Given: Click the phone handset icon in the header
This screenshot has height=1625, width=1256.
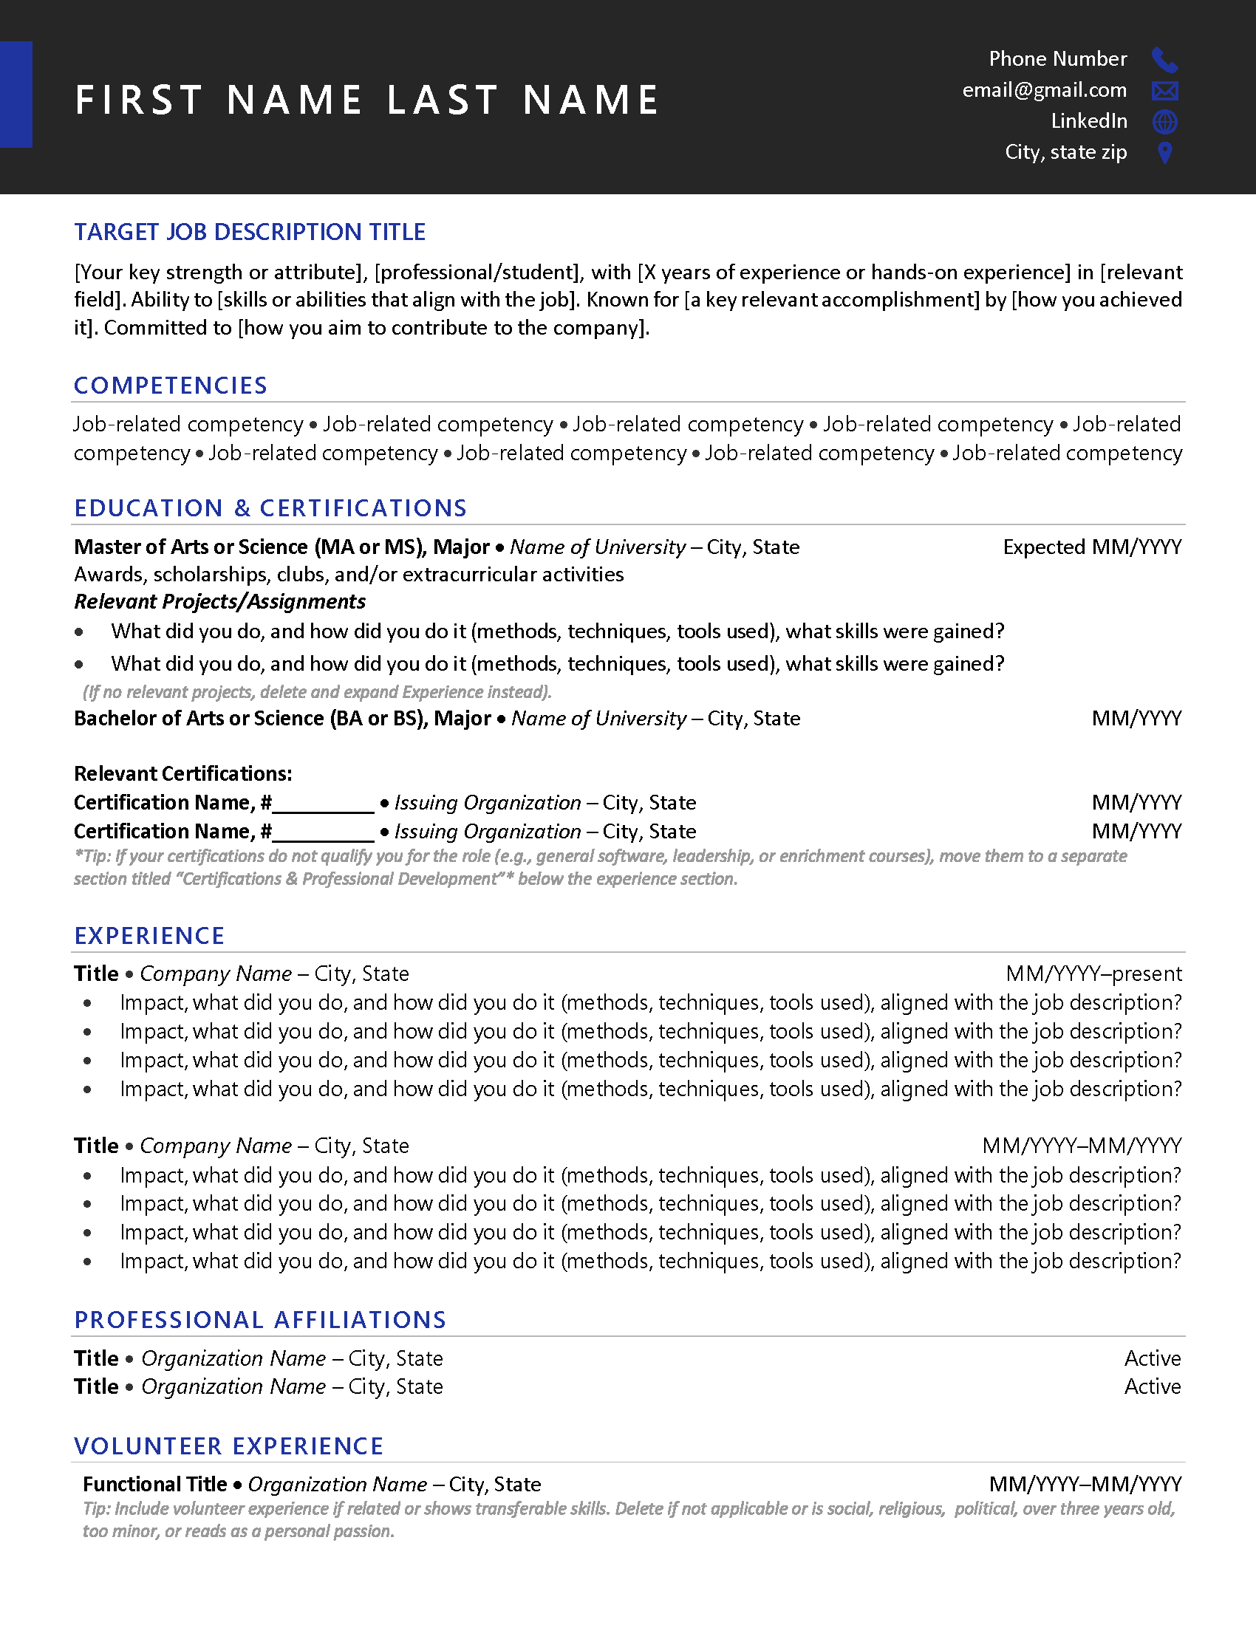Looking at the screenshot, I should coord(1164,60).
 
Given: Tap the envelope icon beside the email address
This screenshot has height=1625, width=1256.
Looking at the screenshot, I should coord(1164,91).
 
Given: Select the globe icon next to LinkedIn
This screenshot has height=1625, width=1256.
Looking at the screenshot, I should coord(1164,121).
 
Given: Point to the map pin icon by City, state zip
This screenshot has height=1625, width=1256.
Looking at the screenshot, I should coord(1165,153).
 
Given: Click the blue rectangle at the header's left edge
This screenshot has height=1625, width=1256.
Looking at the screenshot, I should coord(16,95).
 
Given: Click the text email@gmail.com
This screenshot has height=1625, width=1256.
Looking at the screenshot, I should coord(1044,90).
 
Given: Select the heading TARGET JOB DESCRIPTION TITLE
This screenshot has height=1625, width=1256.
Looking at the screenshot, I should coord(249,232).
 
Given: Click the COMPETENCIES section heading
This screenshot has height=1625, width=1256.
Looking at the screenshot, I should coord(171,386).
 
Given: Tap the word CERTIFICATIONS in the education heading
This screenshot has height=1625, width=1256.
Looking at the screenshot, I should coord(362,508).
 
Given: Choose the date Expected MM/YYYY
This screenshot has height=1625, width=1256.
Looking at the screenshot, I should coord(1091,547).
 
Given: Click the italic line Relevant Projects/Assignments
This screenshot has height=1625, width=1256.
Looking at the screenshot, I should coord(219,601).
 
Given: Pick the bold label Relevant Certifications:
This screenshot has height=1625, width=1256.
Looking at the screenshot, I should coord(182,774).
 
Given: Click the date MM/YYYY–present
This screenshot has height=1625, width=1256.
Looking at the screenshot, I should coord(1093,974).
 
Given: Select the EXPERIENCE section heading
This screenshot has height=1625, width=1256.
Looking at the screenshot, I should coord(149,936).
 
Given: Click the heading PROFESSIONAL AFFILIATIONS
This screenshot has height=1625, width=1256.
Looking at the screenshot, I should coord(259,1320).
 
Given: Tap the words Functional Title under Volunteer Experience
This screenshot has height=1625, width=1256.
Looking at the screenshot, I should coord(154,1485).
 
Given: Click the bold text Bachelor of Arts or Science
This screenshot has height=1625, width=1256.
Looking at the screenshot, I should coord(199,719).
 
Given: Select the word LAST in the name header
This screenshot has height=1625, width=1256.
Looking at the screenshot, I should coord(442,100).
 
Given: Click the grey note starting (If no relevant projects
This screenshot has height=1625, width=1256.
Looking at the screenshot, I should coord(316,692).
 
